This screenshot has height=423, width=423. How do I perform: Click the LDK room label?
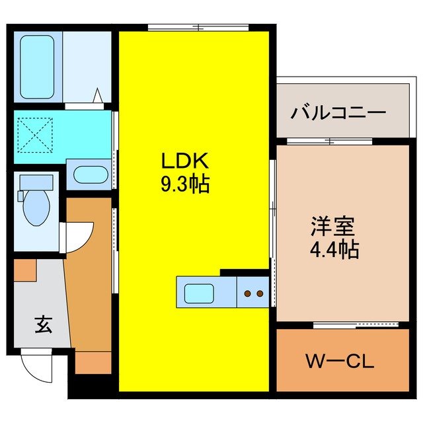tap(184, 161)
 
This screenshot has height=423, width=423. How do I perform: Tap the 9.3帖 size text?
tap(184, 184)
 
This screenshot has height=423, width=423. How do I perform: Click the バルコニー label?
tap(338, 112)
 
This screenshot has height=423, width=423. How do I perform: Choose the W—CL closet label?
tap(340, 362)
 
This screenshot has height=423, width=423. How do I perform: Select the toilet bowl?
tap(36, 208)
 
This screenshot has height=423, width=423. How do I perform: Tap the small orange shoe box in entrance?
tap(24, 270)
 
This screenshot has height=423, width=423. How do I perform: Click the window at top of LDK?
tap(198, 28)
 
